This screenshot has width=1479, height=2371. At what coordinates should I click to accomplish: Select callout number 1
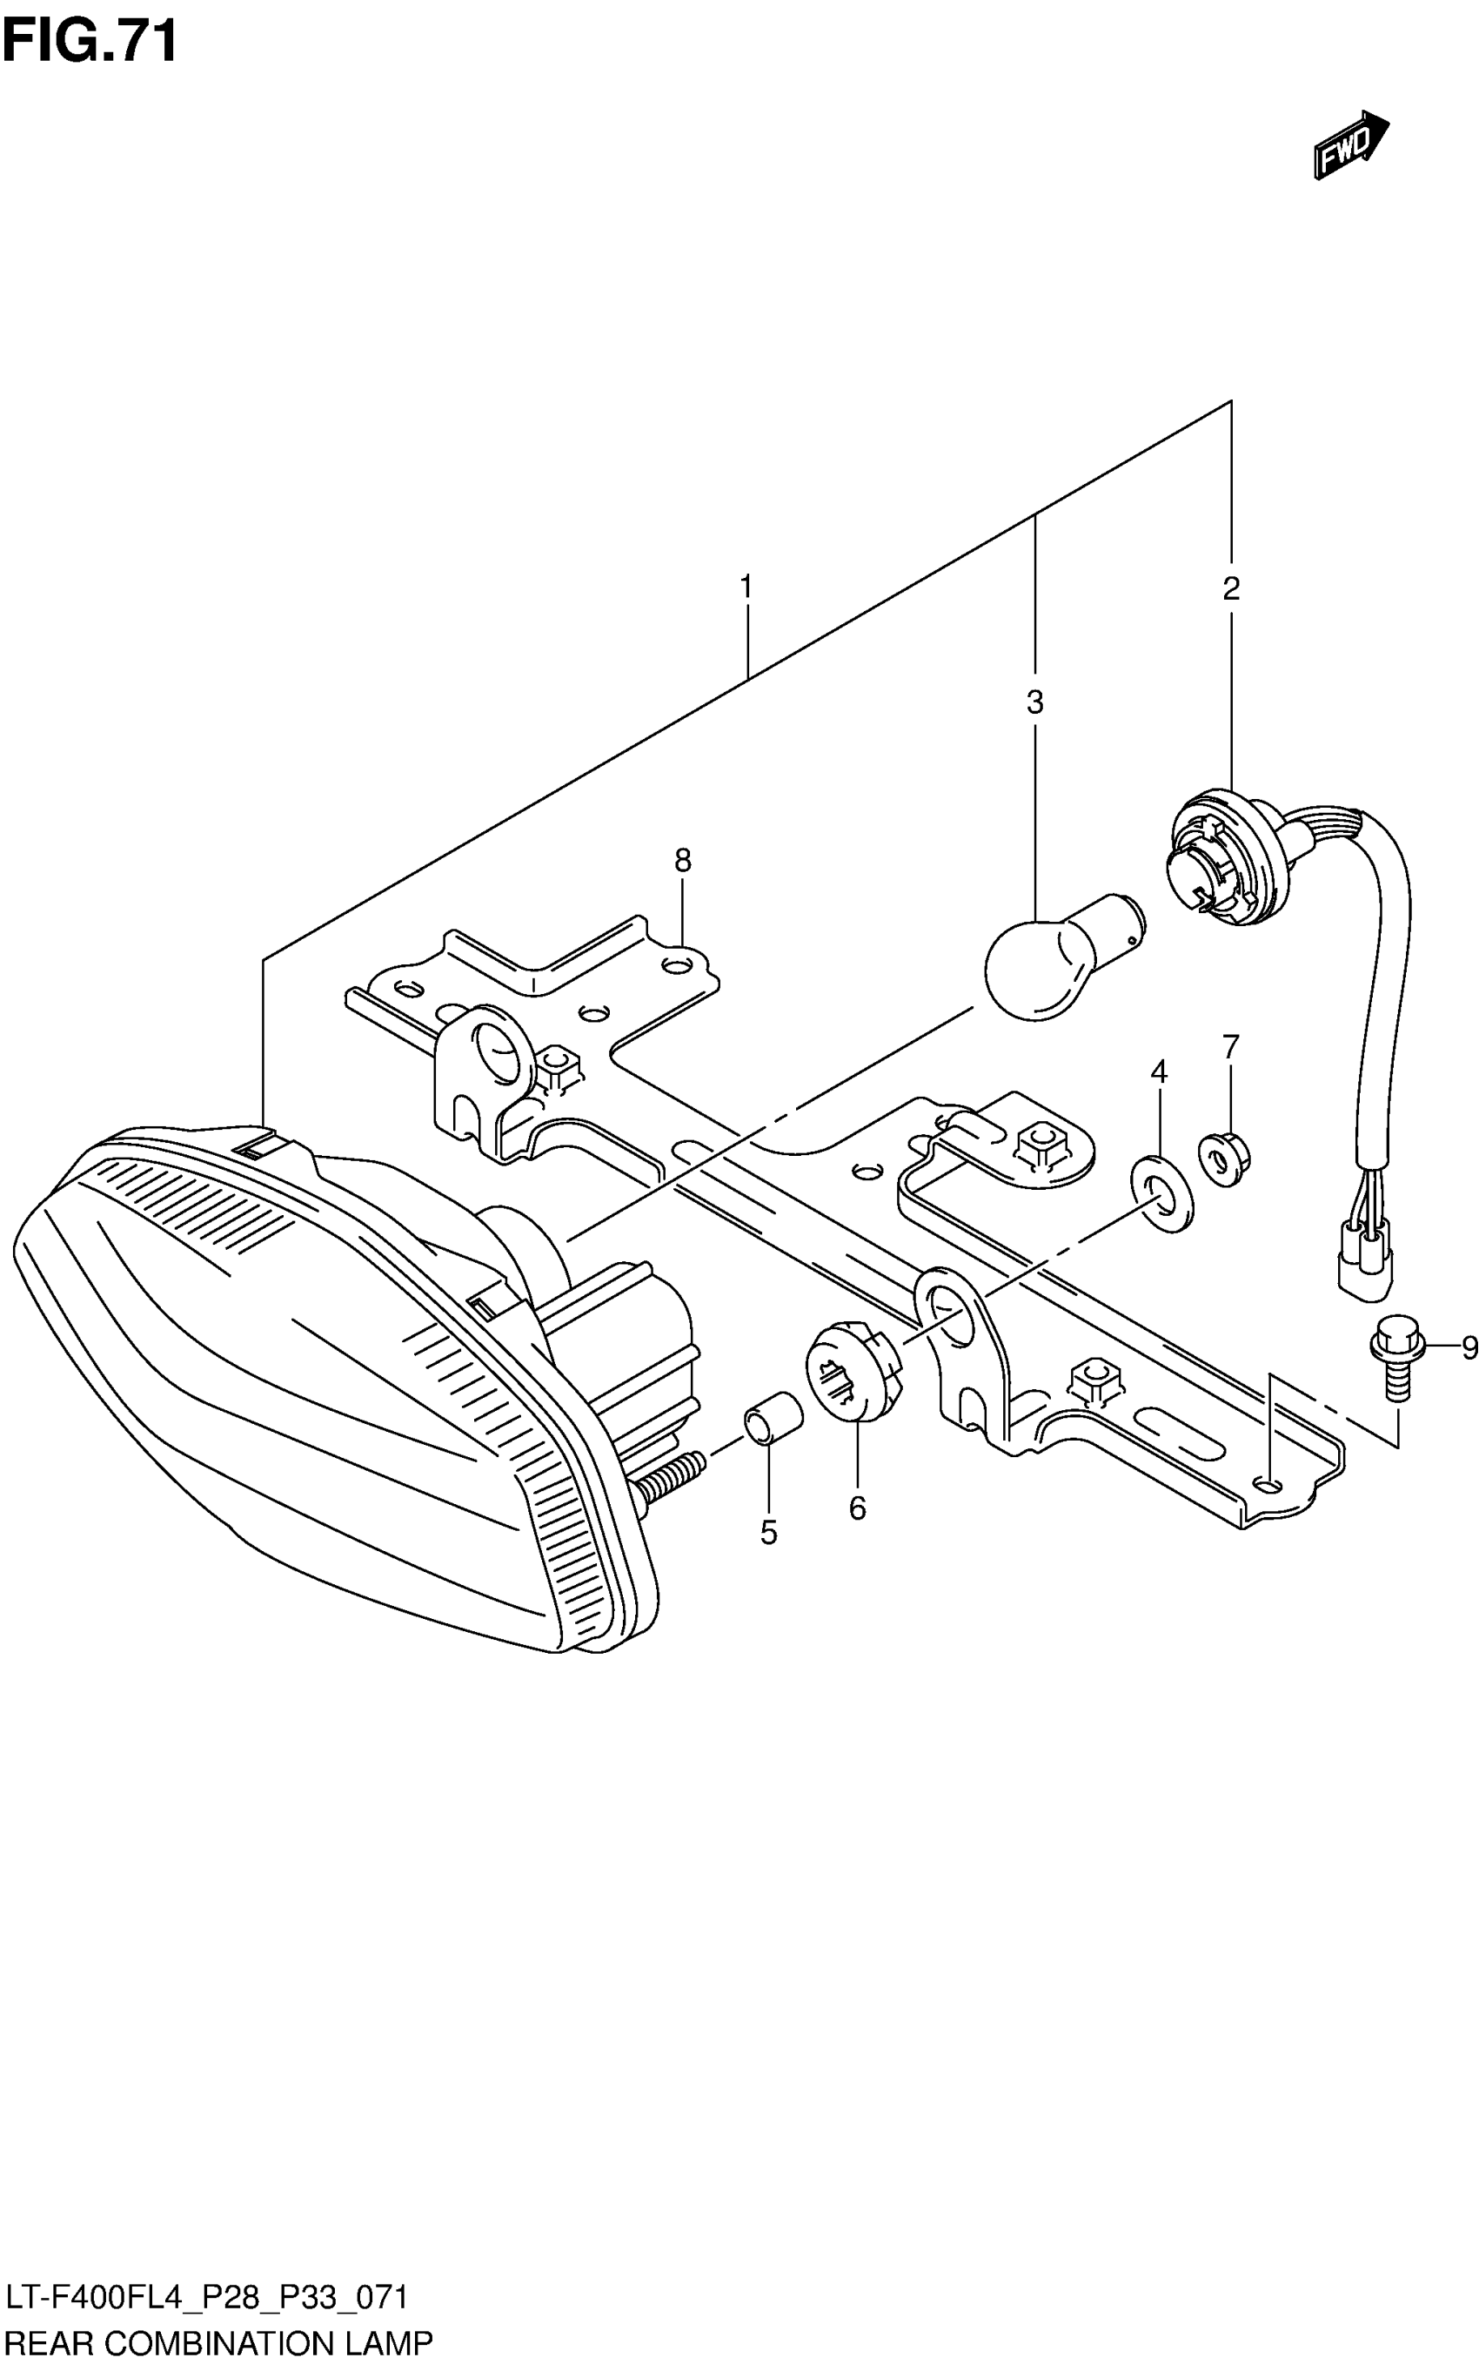coord(746,588)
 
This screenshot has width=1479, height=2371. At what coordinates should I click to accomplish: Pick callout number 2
coord(1230,588)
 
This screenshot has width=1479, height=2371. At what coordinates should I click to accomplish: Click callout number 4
coord(1159,1071)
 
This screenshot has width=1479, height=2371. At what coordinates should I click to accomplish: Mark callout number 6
coord(857,1508)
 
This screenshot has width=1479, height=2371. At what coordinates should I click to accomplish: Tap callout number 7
coord(1230,1046)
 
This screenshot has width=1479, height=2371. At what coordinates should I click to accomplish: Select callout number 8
coord(683,860)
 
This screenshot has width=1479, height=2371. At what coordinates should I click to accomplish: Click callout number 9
coord(1469,1348)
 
